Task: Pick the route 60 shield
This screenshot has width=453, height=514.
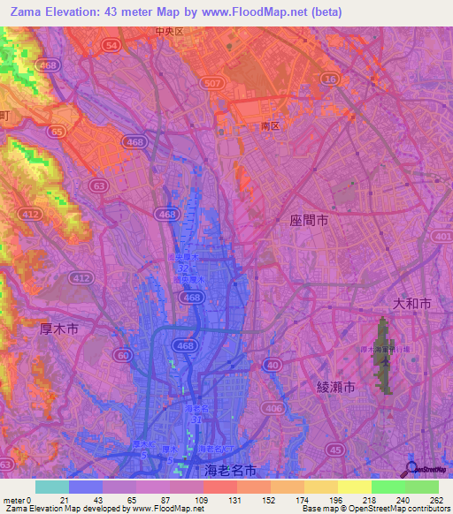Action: [x=120, y=354]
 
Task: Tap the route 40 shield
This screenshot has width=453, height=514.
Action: [x=276, y=364]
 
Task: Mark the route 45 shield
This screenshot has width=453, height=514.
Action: [x=337, y=449]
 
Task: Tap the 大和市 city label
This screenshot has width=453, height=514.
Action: [x=413, y=303]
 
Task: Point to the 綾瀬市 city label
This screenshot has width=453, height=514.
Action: [x=335, y=387]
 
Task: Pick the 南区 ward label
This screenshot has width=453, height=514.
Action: [x=270, y=126]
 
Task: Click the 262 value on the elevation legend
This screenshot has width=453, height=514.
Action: [x=436, y=499]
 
